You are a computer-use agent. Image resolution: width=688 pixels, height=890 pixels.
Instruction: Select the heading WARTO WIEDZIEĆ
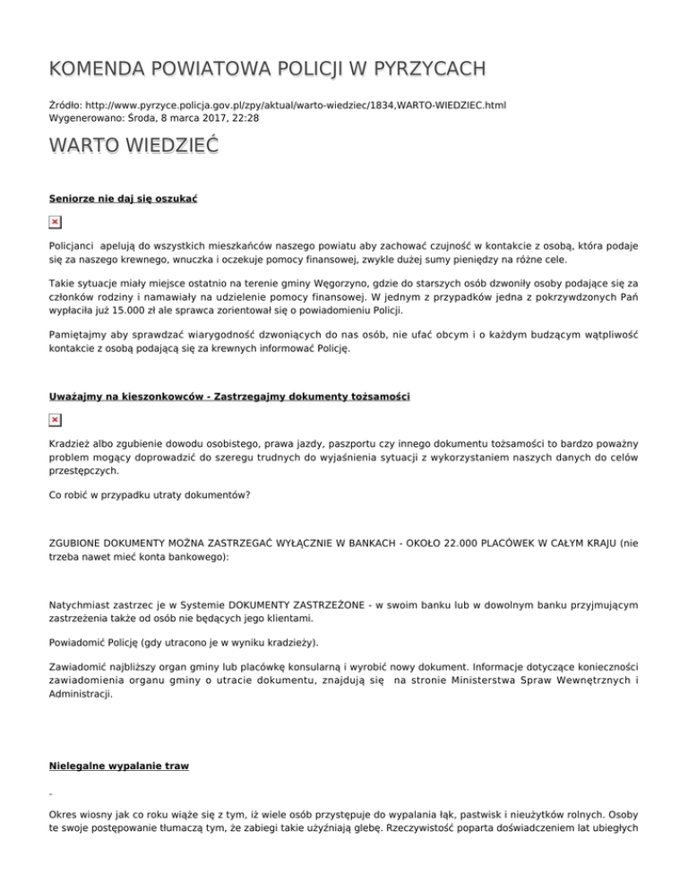tap(133, 145)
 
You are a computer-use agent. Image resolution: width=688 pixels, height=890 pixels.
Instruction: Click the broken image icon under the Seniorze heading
tap(55, 220)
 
